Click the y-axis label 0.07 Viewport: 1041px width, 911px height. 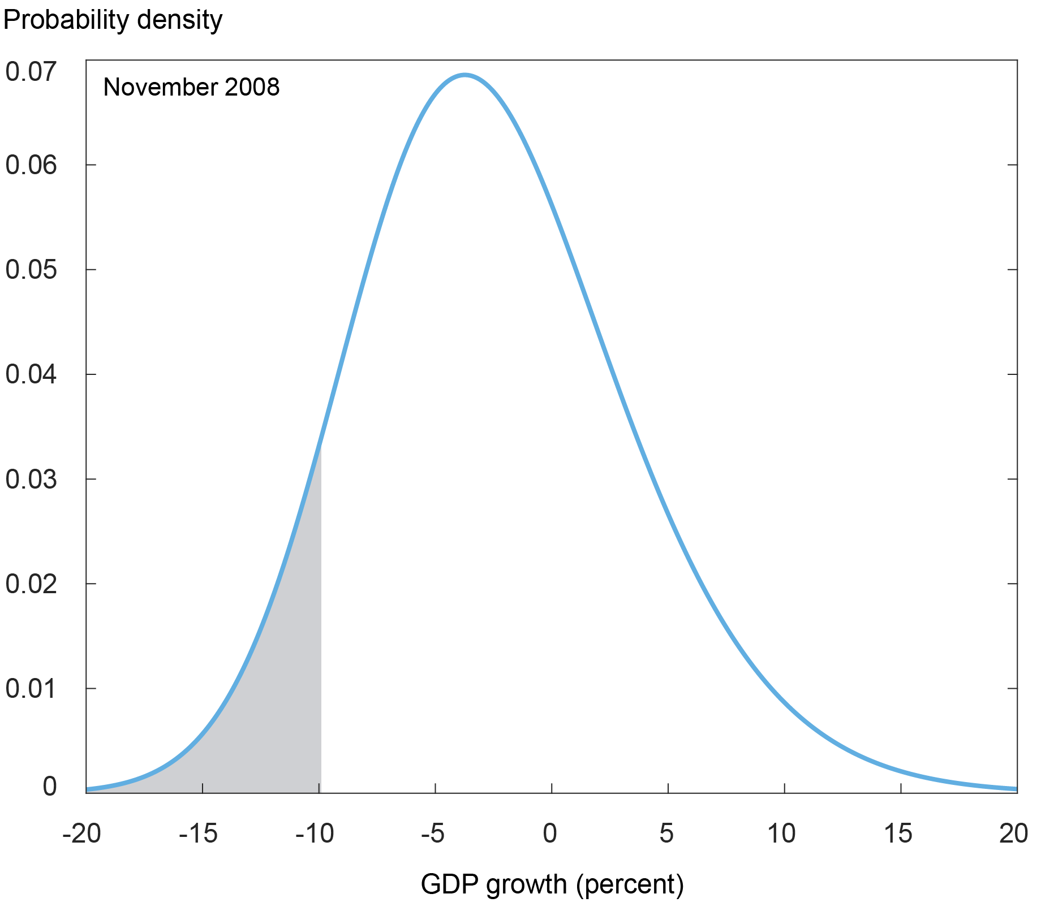click(x=32, y=72)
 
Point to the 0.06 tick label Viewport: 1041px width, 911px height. click(x=32, y=165)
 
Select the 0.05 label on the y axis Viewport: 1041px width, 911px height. click(x=32, y=270)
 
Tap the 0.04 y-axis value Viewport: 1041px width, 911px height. click(x=32, y=374)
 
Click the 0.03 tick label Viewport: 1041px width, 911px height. click(x=32, y=480)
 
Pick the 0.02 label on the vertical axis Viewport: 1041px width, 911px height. click(x=32, y=584)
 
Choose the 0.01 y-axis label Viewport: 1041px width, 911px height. click(x=32, y=689)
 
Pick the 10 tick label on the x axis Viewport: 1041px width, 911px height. click(x=782, y=834)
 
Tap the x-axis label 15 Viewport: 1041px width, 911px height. click(x=899, y=834)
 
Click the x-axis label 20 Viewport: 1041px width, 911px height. click(x=1014, y=834)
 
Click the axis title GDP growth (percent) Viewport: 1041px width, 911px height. click(x=552, y=884)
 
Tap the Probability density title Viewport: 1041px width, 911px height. click(x=113, y=20)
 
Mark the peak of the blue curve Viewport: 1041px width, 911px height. click(x=465, y=75)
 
